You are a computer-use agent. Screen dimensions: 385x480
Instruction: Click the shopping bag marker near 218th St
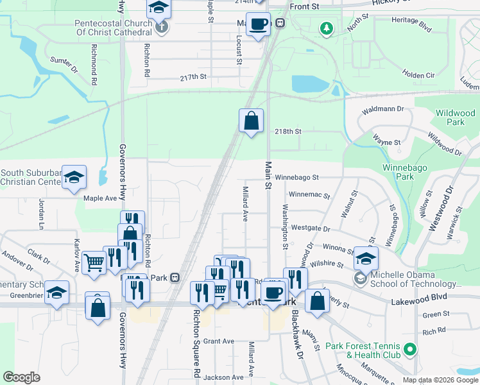click(x=251, y=120)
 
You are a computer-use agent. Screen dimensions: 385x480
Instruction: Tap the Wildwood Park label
click(x=455, y=117)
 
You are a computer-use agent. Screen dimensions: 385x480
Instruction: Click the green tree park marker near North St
click(x=327, y=28)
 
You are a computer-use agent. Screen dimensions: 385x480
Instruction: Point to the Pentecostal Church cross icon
click(x=163, y=27)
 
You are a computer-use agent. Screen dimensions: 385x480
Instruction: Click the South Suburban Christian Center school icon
click(x=74, y=177)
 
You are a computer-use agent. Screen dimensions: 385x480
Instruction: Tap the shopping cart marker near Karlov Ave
click(x=94, y=261)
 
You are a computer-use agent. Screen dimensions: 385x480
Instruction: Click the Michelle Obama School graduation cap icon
click(x=366, y=259)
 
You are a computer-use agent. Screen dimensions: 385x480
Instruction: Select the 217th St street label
click(x=193, y=77)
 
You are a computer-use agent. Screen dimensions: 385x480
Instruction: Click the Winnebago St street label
click(x=298, y=176)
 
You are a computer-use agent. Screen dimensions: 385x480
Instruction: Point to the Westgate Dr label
click(x=310, y=228)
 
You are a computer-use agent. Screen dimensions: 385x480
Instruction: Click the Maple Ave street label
click(x=101, y=198)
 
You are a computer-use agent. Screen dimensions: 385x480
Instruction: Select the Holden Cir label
click(x=418, y=75)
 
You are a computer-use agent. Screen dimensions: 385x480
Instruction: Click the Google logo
click(x=21, y=377)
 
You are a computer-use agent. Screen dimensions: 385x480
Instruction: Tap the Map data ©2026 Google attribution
click(x=440, y=380)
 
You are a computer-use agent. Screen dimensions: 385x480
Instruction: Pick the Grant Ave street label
click(x=219, y=341)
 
